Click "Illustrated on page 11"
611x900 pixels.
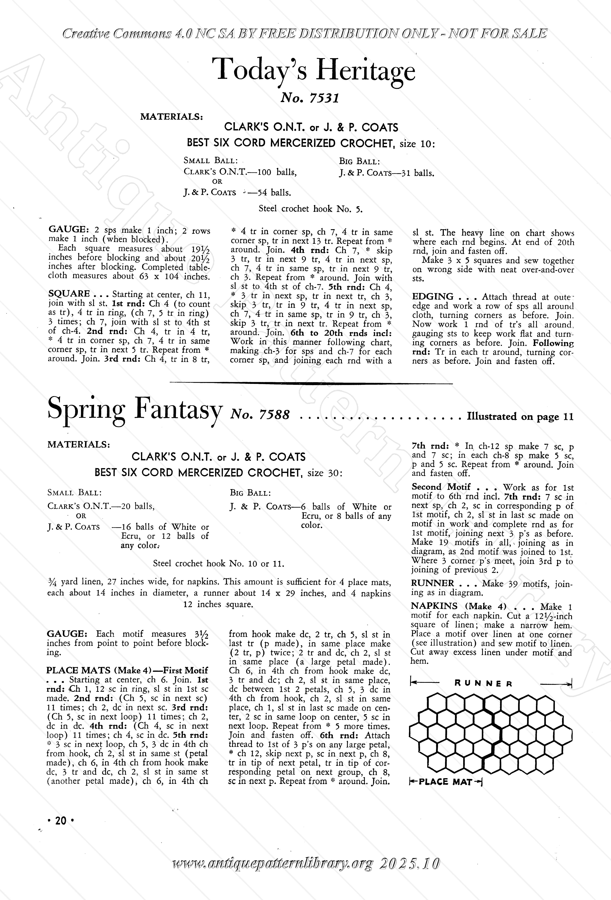coord(520,417)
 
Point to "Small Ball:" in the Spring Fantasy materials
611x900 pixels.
coord(74,493)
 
